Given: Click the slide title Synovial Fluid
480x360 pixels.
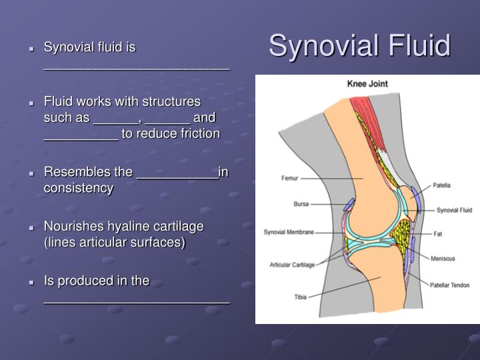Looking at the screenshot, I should pos(359,46).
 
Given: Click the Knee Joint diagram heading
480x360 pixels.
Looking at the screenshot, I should pos(367,84).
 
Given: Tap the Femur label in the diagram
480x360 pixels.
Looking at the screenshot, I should pos(290,179).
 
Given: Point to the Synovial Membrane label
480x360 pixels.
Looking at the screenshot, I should pos(288,233).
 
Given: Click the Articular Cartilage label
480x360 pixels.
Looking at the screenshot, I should pos(291,265).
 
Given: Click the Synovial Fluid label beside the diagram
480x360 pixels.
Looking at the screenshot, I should pos(454,210).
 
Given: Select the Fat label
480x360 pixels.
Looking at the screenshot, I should pos(438,234).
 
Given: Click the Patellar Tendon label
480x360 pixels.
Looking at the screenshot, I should pos(450,285).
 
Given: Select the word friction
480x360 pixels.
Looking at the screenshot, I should pos(197,134).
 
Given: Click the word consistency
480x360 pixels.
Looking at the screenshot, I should pos(79,188).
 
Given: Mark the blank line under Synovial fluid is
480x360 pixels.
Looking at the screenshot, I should pos(137,67).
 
